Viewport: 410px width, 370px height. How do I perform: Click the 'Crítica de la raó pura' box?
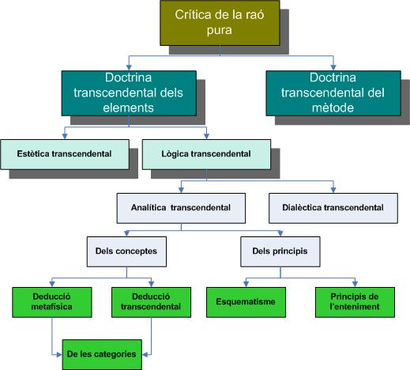[x=220, y=23]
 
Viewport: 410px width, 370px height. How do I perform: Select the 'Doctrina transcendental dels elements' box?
[x=129, y=93]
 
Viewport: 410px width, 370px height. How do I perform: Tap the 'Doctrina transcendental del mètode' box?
[x=333, y=93]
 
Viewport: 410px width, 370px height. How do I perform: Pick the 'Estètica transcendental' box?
[x=65, y=154]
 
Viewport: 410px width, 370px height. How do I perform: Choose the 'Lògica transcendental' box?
[x=206, y=154]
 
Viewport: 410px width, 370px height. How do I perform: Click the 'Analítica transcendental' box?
[x=181, y=208]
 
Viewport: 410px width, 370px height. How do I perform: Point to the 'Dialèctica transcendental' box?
[x=333, y=208]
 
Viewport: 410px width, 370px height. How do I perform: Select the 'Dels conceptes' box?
[x=126, y=251]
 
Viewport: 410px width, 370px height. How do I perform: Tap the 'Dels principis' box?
[x=280, y=251]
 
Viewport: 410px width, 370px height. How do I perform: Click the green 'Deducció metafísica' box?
[x=52, y=302]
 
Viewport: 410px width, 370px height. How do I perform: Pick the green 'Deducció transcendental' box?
[x=151, y=302]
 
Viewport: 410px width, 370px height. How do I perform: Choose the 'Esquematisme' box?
[x=246, y=302]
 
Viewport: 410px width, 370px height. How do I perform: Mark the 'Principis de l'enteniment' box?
[x=355, y=302]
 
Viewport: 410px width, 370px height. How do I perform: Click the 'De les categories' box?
[x=102, y=355]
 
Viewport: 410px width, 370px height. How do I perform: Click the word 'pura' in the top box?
[x=220, y=30]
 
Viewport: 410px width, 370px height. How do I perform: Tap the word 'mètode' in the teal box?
[x=333, y=108]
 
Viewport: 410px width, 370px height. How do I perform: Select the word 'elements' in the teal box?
[x=128, y=108]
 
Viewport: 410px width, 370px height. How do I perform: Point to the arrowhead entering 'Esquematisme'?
[x=246, y=284]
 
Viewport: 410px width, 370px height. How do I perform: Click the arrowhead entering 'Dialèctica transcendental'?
[x=333, y=190]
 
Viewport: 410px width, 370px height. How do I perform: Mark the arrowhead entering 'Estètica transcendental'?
[x=65, y=136]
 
